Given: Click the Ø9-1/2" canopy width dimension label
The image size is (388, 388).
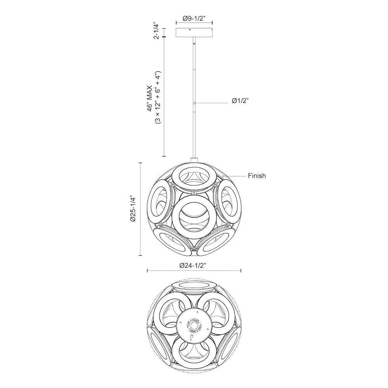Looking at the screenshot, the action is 194,18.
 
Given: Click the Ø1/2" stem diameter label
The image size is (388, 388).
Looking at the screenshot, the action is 240,101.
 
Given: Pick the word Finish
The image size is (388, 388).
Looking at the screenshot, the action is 257,176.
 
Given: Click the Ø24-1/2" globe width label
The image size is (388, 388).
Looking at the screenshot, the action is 193,265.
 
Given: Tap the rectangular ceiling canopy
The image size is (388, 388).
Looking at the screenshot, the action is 194,33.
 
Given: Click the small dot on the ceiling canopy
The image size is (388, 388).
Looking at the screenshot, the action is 190,30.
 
